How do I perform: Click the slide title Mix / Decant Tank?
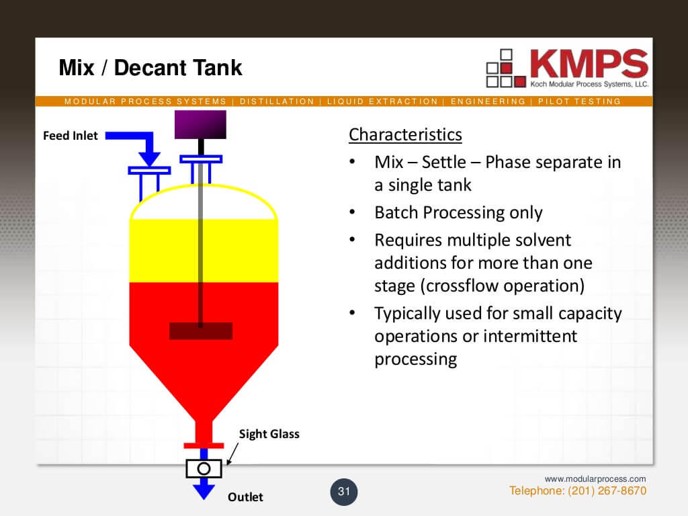[150, 68]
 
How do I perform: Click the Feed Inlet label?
[71, 136]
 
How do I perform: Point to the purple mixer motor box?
[200, 124]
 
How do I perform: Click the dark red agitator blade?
[201, 331]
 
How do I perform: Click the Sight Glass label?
[269, 434]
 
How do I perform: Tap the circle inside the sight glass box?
[204, 468]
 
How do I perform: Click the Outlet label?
[245, 497]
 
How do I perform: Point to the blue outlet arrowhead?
[204, 491]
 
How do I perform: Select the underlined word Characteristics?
[405, 134]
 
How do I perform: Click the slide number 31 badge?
[344, 492]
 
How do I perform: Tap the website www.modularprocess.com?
[595, 479]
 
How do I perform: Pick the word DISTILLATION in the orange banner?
[277, 101]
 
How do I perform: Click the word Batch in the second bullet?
[396, 213]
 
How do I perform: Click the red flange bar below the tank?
[203, 445]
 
